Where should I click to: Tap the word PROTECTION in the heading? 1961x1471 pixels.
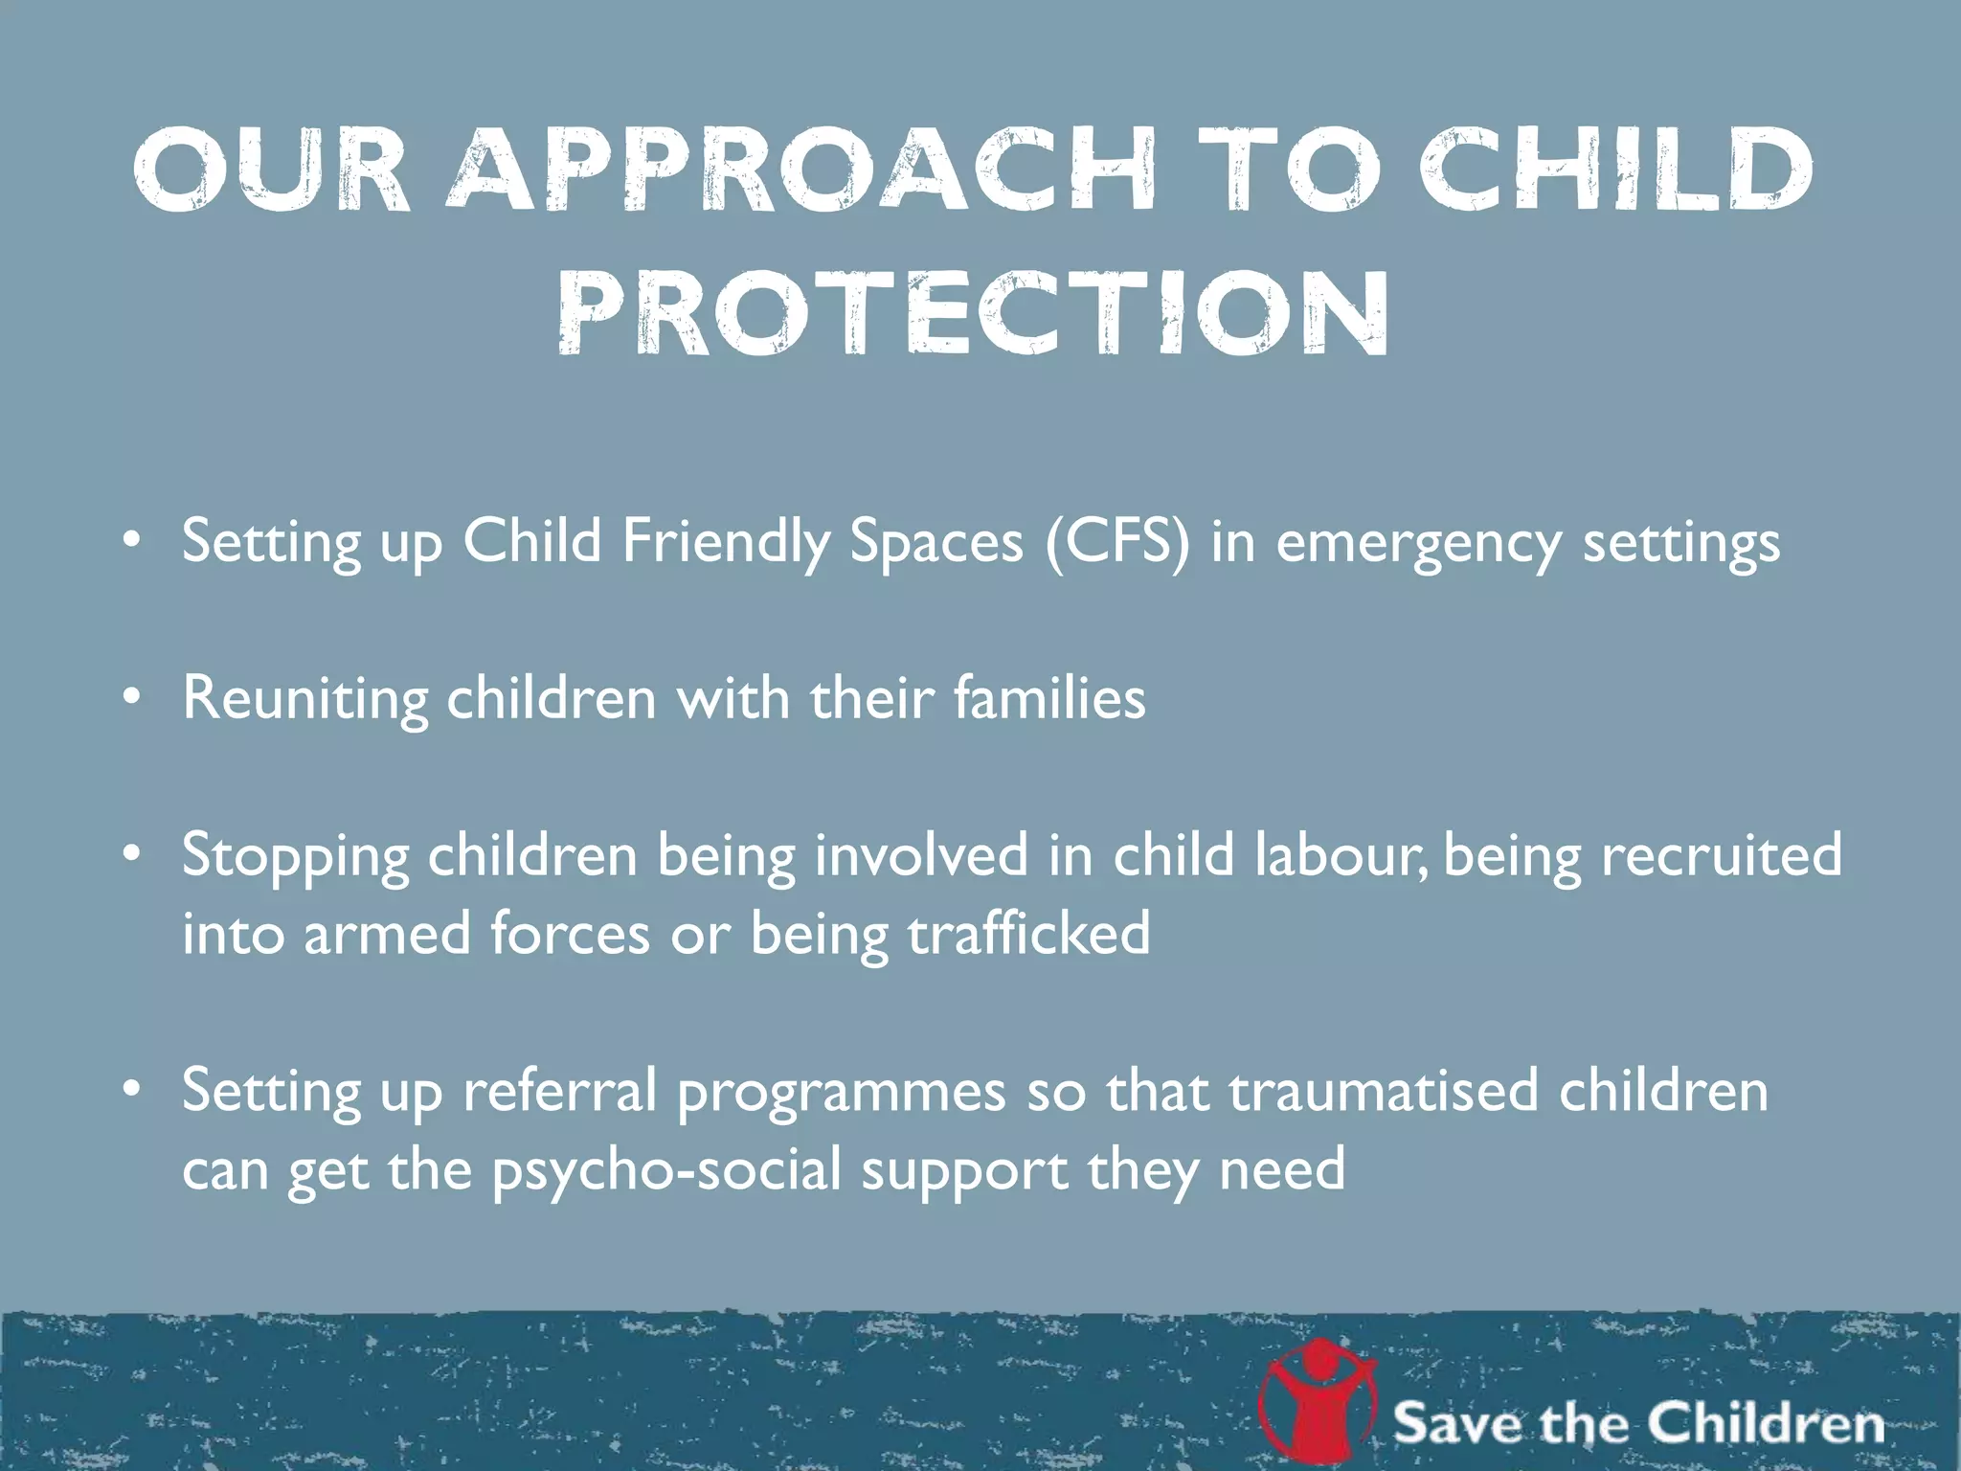973,313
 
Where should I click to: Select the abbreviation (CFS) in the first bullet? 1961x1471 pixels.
1117,541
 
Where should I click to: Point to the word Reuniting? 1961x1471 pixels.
304,698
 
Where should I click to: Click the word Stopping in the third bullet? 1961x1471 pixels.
295,855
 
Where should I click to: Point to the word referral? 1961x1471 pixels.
559,1090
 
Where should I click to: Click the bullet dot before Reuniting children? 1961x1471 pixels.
133,697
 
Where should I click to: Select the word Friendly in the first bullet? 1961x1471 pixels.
727,542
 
